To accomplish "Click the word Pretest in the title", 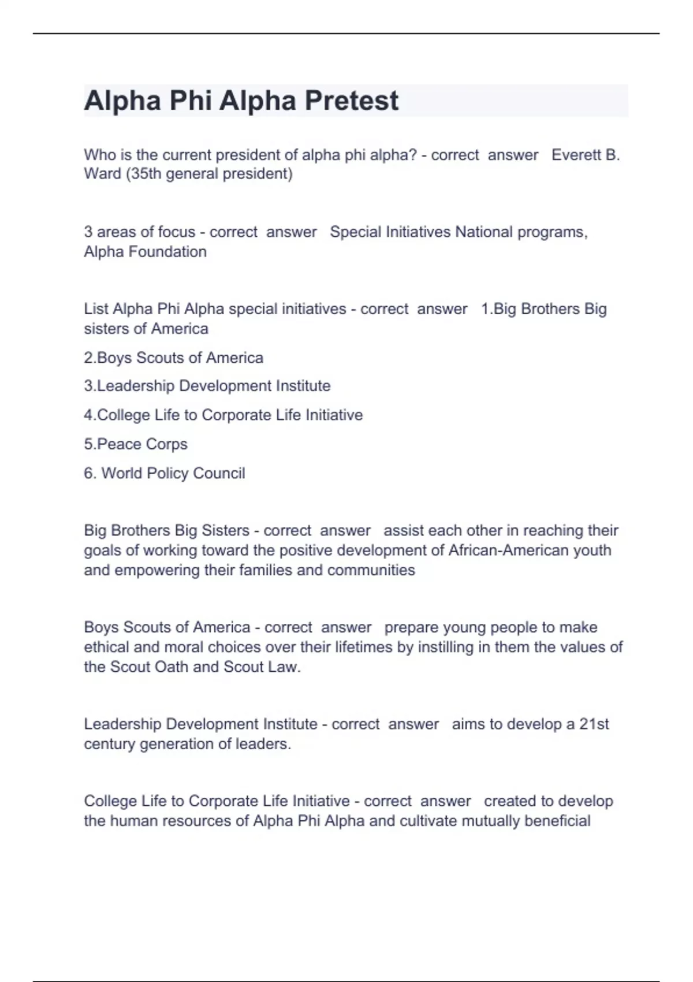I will [x=351, y=101].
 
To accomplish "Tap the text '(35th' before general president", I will [x=143, y=174].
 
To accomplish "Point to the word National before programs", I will [x=484, y=232].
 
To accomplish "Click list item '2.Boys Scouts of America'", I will [x=173, y=358].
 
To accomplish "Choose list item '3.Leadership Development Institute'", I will [x=207, y=386].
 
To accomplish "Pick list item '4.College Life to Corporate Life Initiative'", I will [x=223, y=415].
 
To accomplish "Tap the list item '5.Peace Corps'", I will [x=136, y=444].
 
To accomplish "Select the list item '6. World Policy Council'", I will [x=165, y=474].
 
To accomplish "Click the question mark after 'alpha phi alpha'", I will [x=412, y=155].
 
